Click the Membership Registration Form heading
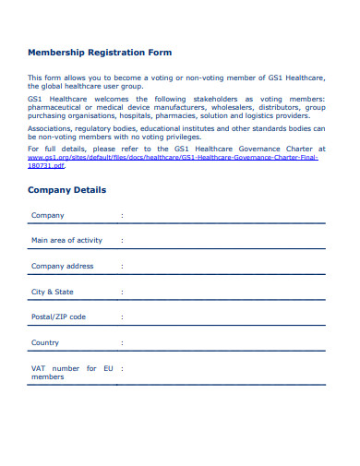point(100,53)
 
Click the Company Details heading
point(66,190)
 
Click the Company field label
point(48,215)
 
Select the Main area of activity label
point(66,240)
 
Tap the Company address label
point(63,266)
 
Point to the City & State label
point(53,292)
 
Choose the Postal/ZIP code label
point(58,317)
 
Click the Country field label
point(45,342)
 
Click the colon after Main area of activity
point(121,240)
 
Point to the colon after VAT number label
point(121,368)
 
